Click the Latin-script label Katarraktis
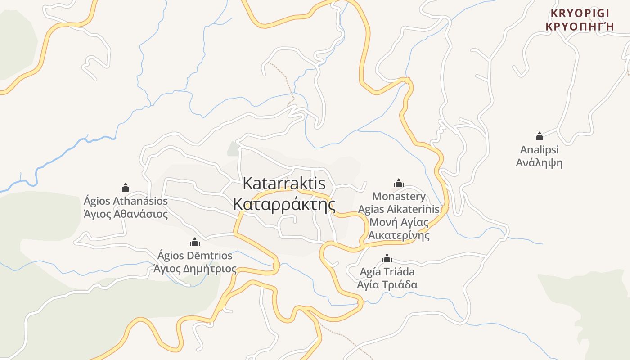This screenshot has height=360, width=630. [x=284, y=184]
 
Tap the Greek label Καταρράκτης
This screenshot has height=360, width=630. [x=284, y=204]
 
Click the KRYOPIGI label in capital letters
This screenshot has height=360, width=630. [x=580, y=13]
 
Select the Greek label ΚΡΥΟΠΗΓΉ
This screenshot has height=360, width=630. [x=580, y=26]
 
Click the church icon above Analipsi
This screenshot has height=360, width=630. [x=539, y=136]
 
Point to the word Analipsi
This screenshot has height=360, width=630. [x=539, y=149]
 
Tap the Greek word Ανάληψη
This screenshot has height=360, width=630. [x=539, y=162]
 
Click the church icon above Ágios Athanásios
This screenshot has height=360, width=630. [x=126, y=188]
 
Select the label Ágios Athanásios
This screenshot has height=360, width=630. [x=126, y=201]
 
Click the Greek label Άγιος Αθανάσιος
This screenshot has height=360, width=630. [x=126, y=214]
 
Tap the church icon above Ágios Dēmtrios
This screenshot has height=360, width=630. [x=195, y=243]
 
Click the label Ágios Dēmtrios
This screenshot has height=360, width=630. [x=195, y=256]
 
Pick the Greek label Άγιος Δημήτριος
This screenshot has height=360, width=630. [x=195, y=269]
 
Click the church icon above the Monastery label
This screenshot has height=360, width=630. [x=398, y=183]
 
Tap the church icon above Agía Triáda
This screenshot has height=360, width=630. [x=387, y=259]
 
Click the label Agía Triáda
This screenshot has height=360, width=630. [x=387, y=272]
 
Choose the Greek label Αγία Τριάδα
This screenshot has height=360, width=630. [x=387, y=285]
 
